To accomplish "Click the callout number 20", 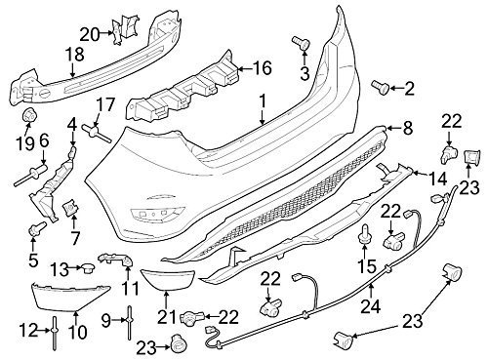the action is (90, 34).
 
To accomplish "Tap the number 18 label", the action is (75, 55).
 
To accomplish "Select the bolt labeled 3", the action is (301, 43).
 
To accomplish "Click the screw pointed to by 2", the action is (381, 86).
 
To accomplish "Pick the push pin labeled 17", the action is (97, 133).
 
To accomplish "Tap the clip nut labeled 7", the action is (69, 207).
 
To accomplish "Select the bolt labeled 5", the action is (38, 228).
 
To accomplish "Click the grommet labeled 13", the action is (87, 267).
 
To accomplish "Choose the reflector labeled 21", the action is (168, 280).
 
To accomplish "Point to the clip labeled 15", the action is (364, 235).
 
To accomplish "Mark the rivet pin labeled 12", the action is (54, 333).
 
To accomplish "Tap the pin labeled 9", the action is (129, 322).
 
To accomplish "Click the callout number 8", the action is (407, 128).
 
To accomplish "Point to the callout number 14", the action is (438, 179).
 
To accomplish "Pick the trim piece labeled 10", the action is (70, 298).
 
